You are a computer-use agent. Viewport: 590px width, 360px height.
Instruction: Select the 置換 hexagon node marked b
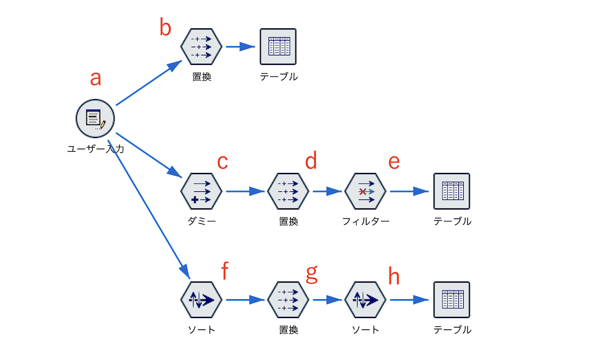201,46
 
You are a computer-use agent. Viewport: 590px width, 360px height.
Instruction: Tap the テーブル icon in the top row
278,46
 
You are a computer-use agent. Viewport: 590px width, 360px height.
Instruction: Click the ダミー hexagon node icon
201,191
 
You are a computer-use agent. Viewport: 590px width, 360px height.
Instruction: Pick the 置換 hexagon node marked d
288,191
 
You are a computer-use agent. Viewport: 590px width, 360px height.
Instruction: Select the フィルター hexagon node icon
365,191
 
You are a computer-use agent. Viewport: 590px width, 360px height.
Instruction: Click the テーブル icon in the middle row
451,191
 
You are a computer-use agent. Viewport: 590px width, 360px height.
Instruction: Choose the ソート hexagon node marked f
201,300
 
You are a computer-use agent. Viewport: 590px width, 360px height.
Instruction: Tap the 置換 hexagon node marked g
288,300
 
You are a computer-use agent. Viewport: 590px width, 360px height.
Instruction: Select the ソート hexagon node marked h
365,300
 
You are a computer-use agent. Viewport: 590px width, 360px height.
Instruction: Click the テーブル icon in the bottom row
451,300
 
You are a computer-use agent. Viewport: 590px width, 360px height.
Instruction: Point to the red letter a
96,78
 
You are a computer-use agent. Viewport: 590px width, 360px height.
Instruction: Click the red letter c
222,162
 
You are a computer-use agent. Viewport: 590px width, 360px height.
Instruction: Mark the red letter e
394,162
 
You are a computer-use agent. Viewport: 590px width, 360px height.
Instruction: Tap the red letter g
311,273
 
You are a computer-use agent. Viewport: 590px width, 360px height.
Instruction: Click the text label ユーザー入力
95,149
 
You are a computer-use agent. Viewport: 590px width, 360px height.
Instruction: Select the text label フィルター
365,221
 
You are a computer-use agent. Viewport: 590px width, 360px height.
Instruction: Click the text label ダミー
201,221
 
